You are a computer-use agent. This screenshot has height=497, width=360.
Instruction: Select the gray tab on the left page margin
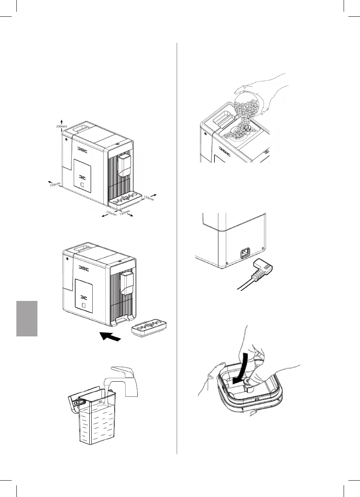pyautogui.click(x=27, y=318)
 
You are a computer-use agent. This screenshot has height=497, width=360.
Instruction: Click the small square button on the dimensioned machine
pyautogui.click(x=82, y=185)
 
